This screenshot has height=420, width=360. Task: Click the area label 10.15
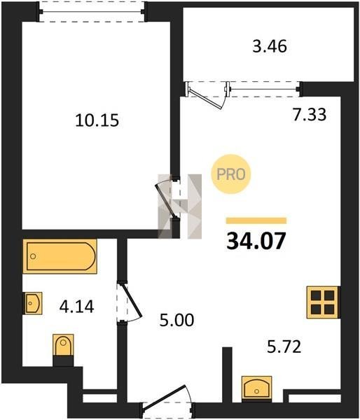pos(97,120)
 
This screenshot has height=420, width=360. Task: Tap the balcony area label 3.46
pos(270,46)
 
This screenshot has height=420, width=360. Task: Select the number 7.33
pos(310,114)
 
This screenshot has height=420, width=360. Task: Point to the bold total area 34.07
pos(256,241)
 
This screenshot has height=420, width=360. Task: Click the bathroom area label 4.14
pos(76,307)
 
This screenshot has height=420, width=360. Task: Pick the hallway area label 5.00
pos(176,320)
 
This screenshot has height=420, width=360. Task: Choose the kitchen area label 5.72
pos(284,346)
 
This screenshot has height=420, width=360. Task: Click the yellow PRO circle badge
pos(231,174)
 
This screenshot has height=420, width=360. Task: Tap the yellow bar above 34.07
pos(256,220)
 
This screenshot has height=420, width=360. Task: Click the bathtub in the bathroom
pos(60,256)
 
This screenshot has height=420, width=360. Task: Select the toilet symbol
pos(63,350)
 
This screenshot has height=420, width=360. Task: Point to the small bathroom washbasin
pos(34,303)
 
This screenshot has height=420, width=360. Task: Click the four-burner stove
pos(324,302)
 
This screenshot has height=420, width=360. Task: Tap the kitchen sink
pos(257,388)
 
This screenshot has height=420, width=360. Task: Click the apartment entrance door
pos(167,402)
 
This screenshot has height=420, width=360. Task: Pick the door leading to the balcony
pos(207,95)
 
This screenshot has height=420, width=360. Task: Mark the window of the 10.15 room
pos(92,12)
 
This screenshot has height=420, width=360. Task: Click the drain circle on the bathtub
pos(33,256)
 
